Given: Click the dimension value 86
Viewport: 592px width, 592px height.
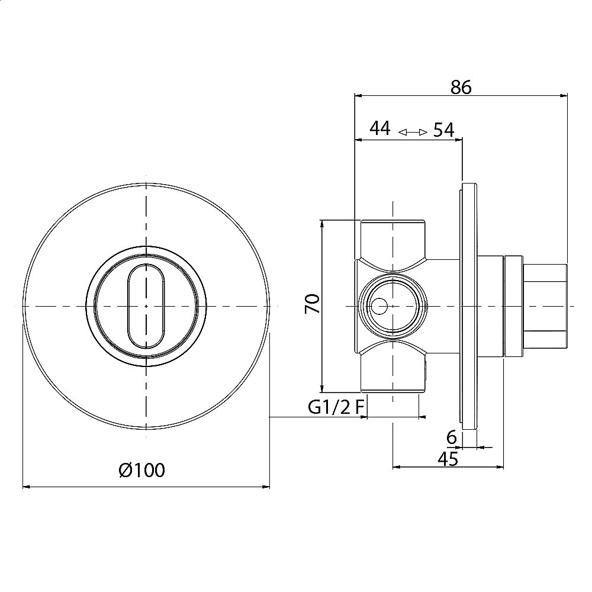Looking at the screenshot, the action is point(461,88).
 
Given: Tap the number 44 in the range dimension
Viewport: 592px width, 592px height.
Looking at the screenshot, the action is point(380,128).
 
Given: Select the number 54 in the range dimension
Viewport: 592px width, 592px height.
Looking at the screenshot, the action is point(443,130).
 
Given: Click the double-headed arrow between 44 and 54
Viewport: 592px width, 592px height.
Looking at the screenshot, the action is point(413,132).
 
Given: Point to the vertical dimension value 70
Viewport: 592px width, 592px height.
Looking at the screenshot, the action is point(313,304).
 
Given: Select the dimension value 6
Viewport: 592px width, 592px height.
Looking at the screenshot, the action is point(452,437).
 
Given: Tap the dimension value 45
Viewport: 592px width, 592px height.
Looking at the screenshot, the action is point(448,459).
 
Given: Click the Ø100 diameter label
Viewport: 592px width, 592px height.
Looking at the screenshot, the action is point(142,471).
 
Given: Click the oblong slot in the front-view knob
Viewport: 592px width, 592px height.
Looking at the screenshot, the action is point(146,306).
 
